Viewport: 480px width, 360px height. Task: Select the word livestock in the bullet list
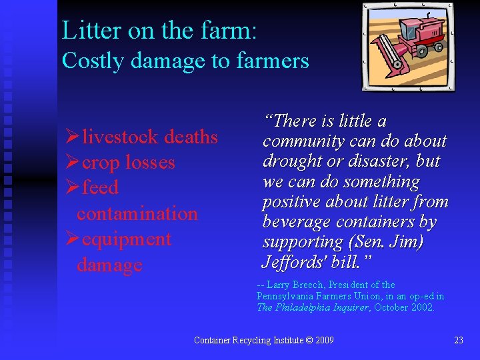[120, 137]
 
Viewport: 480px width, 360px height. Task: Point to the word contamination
[137, 213]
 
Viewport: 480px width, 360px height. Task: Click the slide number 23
[458, 340]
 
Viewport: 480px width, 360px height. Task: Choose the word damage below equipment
[109, 265]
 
